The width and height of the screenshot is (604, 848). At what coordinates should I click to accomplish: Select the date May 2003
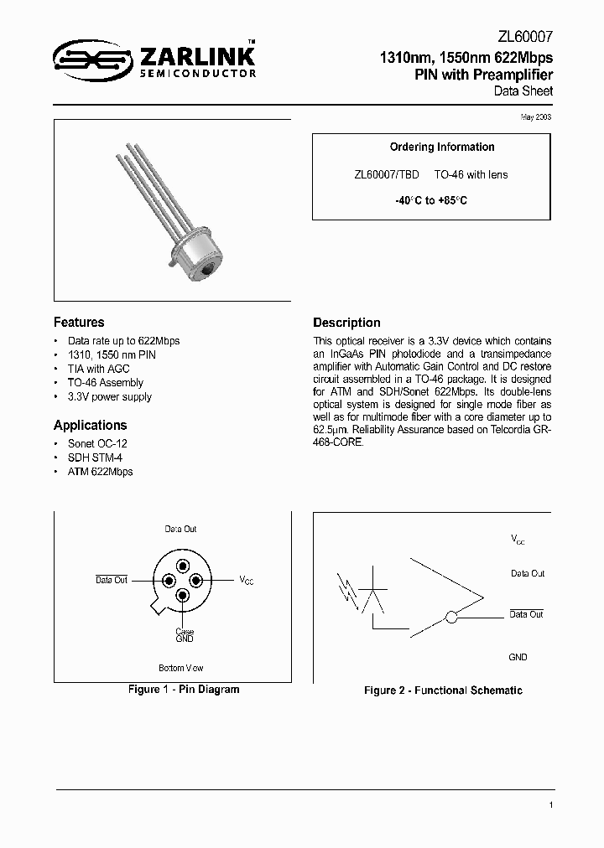(537, 116)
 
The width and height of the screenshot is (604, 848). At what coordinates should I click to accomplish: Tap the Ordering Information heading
(442, 147)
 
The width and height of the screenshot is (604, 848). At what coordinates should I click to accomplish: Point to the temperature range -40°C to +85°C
(431, 201)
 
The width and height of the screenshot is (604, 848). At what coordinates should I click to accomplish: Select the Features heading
(79, 323)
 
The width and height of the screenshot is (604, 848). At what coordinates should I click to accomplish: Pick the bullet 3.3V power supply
(109, 396)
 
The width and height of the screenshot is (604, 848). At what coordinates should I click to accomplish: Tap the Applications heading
(90, 425)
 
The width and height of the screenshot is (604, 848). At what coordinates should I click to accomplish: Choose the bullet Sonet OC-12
(97, 443)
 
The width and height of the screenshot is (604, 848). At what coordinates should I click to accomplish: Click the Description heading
(346, 323)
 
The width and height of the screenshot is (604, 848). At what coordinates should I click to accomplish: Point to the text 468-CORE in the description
(339, 442)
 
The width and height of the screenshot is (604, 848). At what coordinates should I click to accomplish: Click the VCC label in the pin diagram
(247, 580)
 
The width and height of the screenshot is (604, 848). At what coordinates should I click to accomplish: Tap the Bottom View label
(181, 668)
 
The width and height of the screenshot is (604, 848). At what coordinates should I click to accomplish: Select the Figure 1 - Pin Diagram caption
(183, 689)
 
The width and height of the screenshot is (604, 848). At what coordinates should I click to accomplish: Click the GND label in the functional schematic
(518, 657)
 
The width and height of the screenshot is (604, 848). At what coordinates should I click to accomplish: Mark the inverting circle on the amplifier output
(451, 618)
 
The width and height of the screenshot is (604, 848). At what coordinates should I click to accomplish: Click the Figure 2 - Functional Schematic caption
(443, 690)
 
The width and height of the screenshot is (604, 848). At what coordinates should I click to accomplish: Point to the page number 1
(550, 805)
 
